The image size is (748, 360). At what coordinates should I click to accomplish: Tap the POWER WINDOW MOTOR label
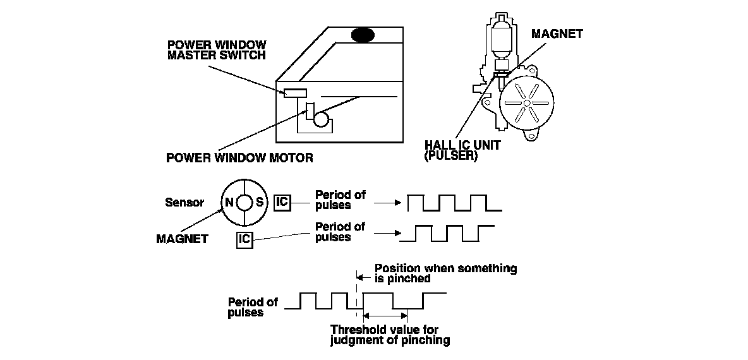tap(239, 157)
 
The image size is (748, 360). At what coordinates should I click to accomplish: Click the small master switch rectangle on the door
tap(295, 93)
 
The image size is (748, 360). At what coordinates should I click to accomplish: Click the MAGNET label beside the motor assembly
tap(557, 34)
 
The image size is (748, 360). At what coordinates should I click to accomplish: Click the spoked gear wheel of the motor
tap(526, 104)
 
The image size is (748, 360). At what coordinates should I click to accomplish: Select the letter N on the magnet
tap(228, 203)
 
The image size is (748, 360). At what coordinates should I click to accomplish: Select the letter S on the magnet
tap(259, 203)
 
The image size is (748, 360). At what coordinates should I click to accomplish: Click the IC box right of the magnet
tap(282, 202)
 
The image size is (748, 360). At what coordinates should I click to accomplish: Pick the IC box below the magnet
tap(245, 239)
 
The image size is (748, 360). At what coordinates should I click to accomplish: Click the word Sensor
tap(184, 203)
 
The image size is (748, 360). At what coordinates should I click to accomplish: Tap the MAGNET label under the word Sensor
tap(181, 239)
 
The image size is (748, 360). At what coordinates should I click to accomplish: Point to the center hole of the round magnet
tap(244, 203)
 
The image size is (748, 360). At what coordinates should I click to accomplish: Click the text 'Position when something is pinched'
tap(445, 273)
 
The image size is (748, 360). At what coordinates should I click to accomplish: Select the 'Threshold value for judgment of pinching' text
tap(390, 335)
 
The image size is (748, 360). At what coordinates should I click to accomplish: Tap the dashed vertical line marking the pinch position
tap(358, 297)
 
